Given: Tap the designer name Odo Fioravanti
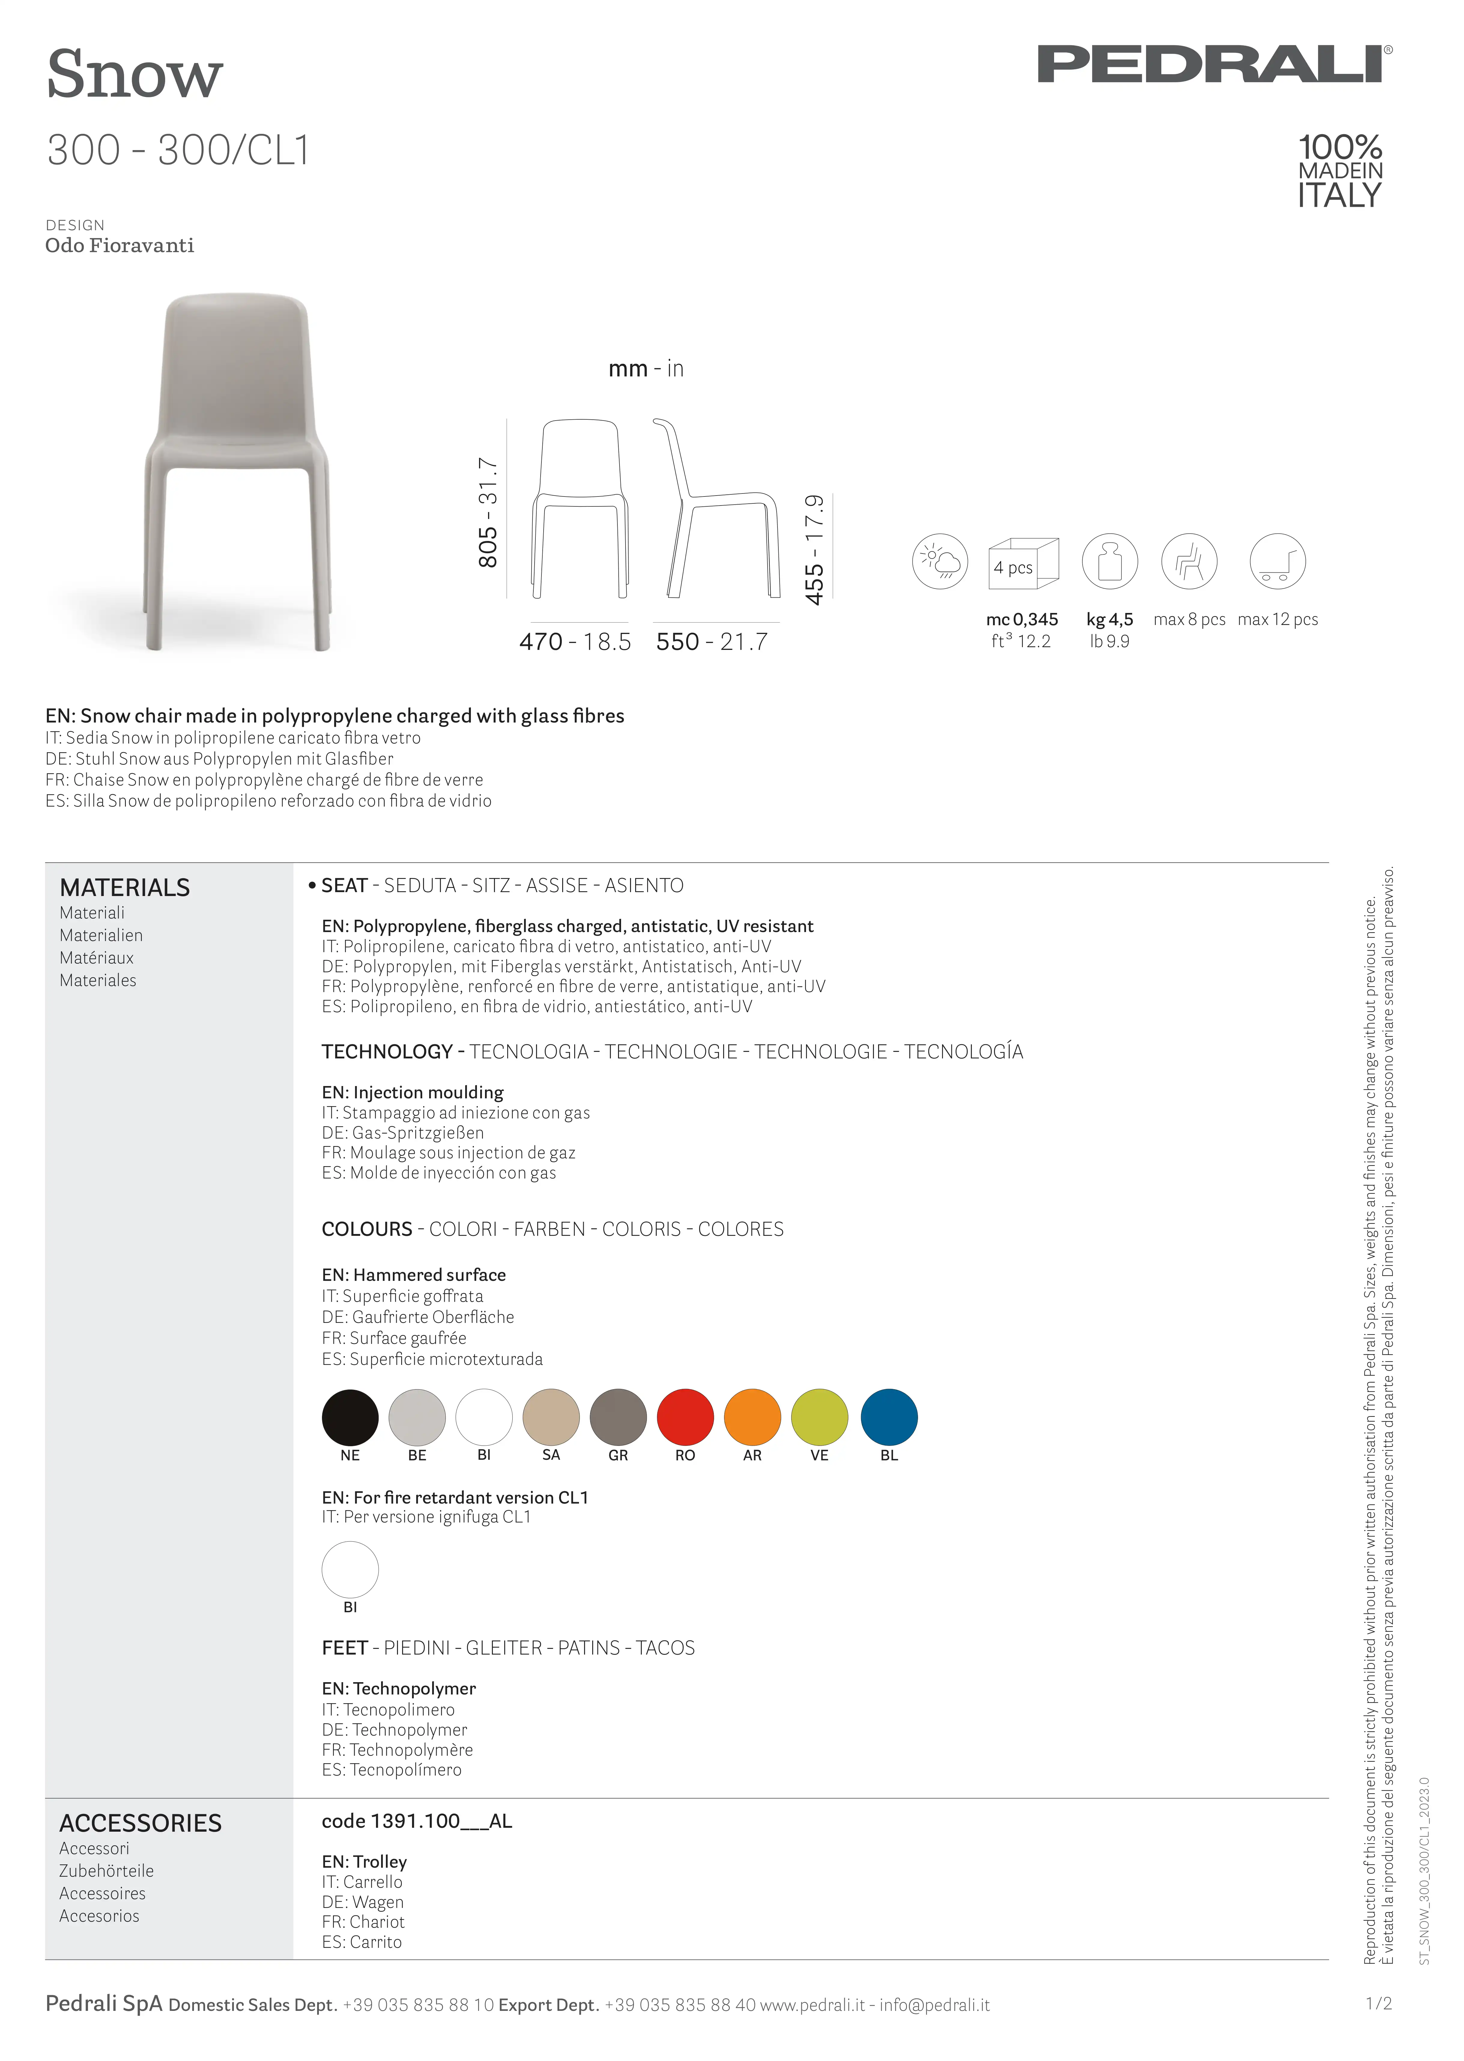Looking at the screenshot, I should (120, 245).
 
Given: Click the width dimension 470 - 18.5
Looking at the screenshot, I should (575, 642).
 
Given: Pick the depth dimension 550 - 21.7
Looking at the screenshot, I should (712, 642).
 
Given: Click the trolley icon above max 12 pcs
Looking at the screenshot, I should (1278, 561).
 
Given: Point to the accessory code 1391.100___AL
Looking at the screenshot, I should (417, 1821).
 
